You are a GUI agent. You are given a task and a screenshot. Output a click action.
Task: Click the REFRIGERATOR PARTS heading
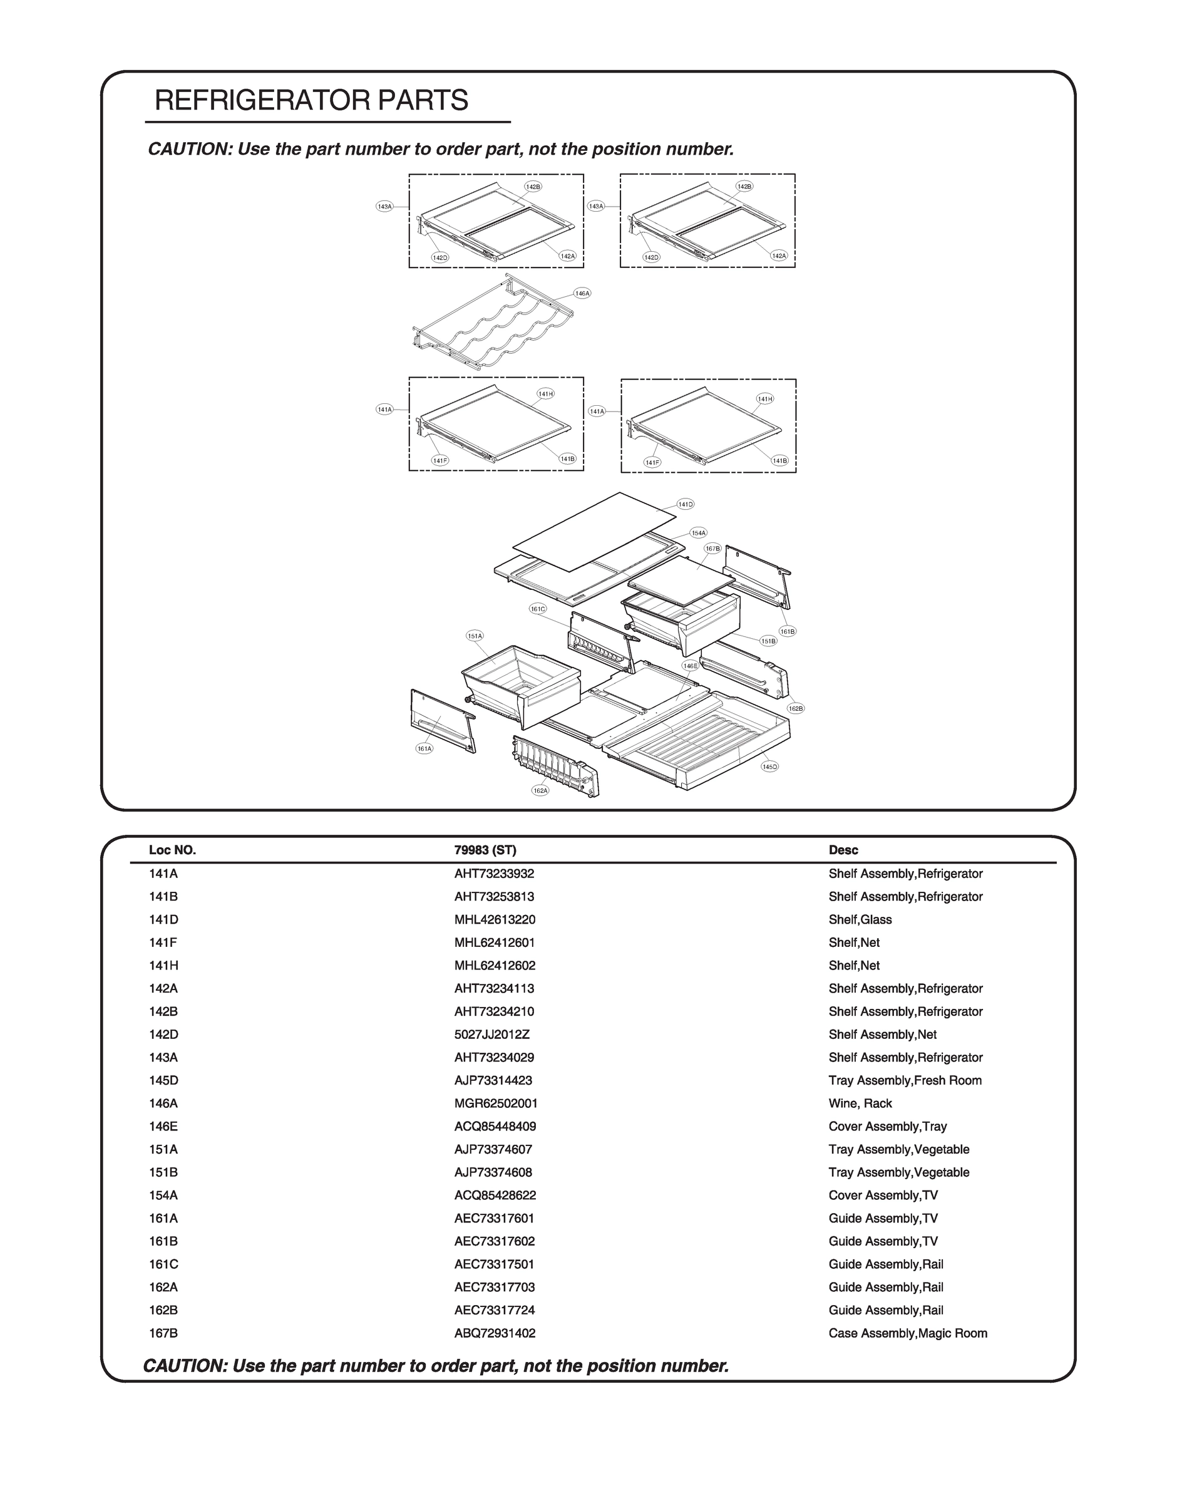pyautogui.click(x=312, y=101)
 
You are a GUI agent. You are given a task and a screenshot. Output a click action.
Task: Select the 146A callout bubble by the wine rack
pyautogui.click(x=582, y=294)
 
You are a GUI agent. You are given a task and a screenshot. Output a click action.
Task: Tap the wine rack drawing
pyautogui.click(x=493, y=324)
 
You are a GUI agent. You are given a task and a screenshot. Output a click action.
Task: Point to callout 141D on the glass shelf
pyautogui.click(x=685, y=505)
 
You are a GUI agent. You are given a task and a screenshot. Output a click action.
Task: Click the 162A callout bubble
pyautogui.click(x=540, y=790)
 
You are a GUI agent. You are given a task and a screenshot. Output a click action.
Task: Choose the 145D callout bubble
pyautogui.click(x=769, y=767)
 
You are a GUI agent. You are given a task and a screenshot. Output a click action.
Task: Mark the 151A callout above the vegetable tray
pyautogui.click(x=475, y=636)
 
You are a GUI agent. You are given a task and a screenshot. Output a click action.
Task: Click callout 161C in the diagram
pyautogui.click(x=538, y=609)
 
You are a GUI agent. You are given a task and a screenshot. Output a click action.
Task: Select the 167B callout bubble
pyautogui.click(x=712, y=549)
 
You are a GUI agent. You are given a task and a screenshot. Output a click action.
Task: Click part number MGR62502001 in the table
pyautogui.click(x=495, y=1103)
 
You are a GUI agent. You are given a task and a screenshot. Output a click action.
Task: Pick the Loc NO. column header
pyautogui.click(x=172, y=850)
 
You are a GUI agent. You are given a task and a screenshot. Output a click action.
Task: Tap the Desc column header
pyautogui.click(x=843, y=850)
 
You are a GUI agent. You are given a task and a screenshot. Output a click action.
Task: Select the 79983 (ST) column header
pyautogui.click(x=485, y=850)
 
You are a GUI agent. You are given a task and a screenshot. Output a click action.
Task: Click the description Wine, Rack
pyautogui.click(x=860, y=1103)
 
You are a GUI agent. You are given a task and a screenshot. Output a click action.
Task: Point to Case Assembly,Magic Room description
pyautogui.click(x=908, y=1333)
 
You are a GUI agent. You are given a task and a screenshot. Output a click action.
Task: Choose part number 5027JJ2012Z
pyautogui.click(x=491, y=1035)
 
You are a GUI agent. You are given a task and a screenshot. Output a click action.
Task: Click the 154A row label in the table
pyautogui.click(x=163, y=1195)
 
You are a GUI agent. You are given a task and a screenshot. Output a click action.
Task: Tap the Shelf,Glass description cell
pyautogui.click(x=860, y=919)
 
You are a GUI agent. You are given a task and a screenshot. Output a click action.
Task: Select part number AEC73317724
pyautogui.click(x=494, y=1310)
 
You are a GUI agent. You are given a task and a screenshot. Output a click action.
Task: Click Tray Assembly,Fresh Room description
pyautogui.click(x=905, y=1080)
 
